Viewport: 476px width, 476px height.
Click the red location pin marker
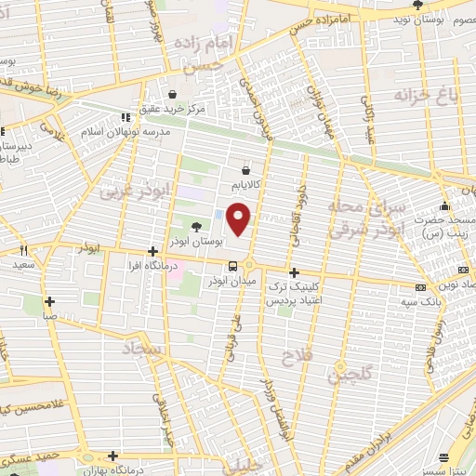click(x=240, y=218)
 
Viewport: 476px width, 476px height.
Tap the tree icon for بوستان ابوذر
click(x=195, y=226)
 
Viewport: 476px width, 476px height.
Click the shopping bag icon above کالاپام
click(x=245, y=170)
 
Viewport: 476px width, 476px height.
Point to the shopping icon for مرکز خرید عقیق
click(x=173, y=94)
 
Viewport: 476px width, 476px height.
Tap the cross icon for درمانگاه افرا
click(x=153, y=250)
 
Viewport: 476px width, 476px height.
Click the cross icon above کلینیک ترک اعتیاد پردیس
click(x=295, y=272)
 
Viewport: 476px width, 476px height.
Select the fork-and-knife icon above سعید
click(x=24, y=249)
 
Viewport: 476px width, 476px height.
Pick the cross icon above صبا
click(x=49, y=301)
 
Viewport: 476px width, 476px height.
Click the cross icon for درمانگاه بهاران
click(x=112, y=456)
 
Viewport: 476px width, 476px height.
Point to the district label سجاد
click(x=142, y=350)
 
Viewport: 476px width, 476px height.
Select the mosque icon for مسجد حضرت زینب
click(x=447, y=205)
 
